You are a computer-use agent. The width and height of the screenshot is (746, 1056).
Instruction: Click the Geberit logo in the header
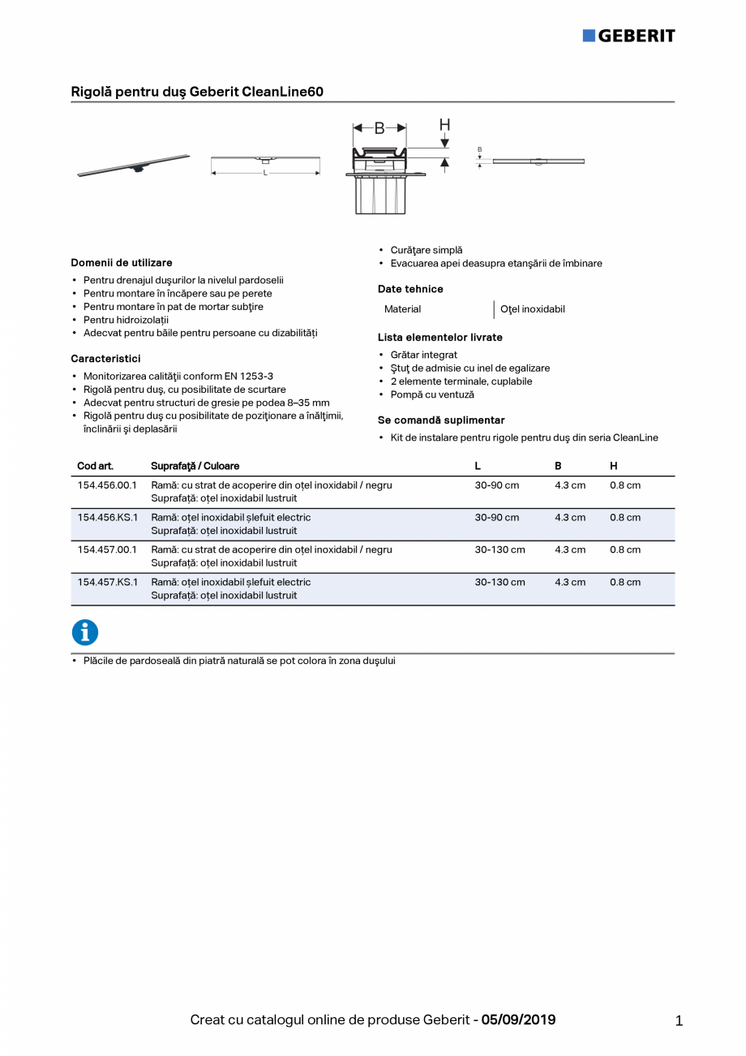point(628,36)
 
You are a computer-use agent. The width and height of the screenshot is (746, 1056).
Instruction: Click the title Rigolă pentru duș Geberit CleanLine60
point(197,92)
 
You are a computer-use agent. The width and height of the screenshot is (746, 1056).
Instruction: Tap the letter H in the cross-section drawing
point(444,125)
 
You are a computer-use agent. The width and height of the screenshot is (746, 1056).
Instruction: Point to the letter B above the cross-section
point(379,128)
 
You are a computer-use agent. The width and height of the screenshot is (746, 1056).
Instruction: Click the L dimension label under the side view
point(265,173)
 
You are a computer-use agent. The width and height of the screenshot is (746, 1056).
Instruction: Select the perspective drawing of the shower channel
point(134,165)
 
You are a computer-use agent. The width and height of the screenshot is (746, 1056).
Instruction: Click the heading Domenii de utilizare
point(122,263)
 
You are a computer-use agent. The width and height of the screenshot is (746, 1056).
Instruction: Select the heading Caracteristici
point(105,359)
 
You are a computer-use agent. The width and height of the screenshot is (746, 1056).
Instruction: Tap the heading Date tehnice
point(410,289)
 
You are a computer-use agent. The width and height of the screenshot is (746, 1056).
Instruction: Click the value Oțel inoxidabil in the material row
point(533,309)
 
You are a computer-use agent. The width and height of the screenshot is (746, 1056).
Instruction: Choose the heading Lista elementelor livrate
point(439,338)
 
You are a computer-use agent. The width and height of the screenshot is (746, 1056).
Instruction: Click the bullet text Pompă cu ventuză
point(432,394)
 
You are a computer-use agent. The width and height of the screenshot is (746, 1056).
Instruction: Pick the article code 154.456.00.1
point(107,485)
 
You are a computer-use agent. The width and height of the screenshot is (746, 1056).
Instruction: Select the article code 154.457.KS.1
point(107,582)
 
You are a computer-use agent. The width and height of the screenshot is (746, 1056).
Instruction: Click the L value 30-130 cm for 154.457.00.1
point(499,550)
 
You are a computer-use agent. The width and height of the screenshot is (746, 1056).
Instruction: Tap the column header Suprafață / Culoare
point(195,466)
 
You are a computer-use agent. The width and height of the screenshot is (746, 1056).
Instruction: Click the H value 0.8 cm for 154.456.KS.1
point(624,517)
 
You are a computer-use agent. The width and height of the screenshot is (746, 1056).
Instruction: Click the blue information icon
point(85,632)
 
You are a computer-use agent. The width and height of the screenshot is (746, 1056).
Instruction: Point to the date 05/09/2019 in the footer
point(519,1020)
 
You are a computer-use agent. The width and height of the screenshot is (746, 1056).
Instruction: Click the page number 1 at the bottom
point(679,1021)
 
